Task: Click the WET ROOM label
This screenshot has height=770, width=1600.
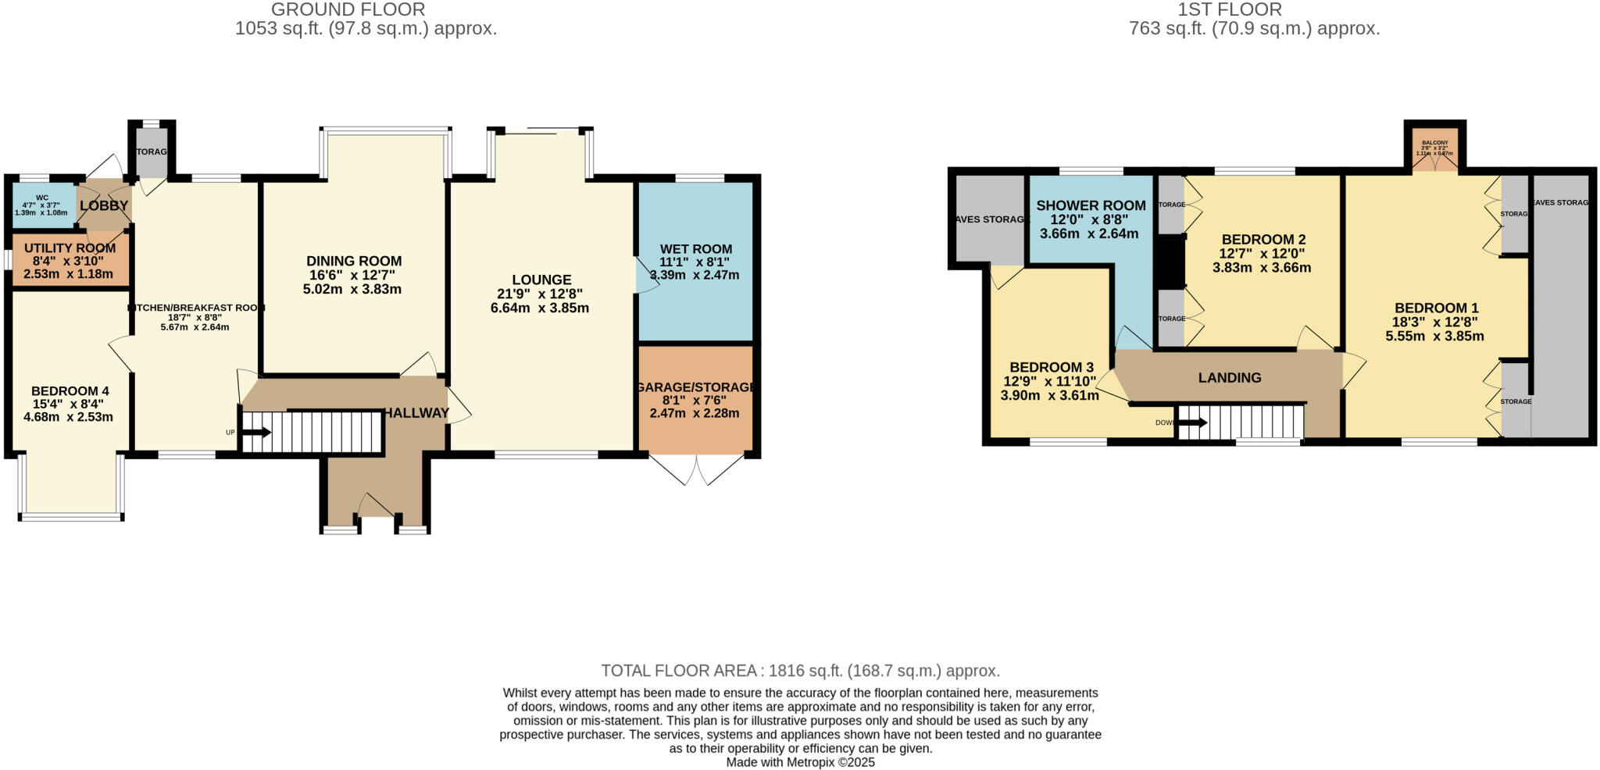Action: (x=695, y=250)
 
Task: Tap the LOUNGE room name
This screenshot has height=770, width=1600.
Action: (x=541, y=280)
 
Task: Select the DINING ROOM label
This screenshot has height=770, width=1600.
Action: (x=353, y=261)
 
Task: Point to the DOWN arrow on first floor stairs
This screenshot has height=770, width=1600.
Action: (x=1191, y=423)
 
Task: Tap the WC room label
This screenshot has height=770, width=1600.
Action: (x=42, y=198)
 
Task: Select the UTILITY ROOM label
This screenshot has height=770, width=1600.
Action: (x=70, y=248)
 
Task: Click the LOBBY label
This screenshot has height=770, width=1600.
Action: (x=103, y=206)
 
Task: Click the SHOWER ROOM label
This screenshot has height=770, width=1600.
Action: (x=1091, y=206)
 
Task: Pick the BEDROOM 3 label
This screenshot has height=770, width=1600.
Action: (x=1051, y=367)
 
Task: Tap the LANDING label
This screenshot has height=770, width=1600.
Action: (x=1230, y=378)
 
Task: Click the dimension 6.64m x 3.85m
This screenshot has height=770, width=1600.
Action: (x=539, y=308)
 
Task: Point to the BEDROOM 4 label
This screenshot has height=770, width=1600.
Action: (x=70, y=391)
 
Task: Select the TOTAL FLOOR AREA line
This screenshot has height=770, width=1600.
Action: (x=800, y=671)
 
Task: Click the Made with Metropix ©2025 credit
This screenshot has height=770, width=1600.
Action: (x=800, y=762)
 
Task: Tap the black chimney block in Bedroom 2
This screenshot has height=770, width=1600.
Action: (x=1170, y=262)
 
